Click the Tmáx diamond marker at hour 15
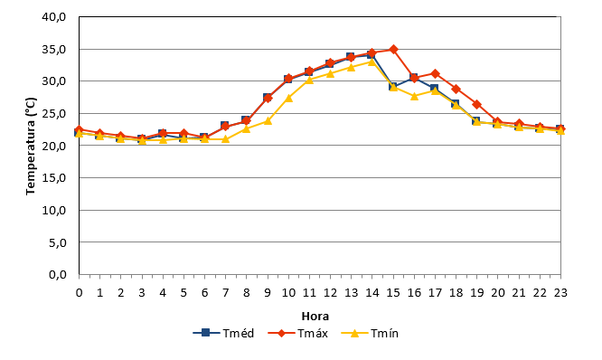(x=393, y=50)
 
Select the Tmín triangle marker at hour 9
(x=268, y=121)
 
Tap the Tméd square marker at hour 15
(x=393, y=87)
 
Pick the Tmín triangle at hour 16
(x=414, y=96)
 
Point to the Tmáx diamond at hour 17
(x=435, y=73)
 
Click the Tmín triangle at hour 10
(x=288, y=98)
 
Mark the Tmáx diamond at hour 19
(x=477, y=105)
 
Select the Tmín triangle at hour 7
(x=226, y=138)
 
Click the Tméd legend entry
(x=223, y=333)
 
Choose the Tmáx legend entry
(x=298, y=333)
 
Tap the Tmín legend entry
(x=370, y=333)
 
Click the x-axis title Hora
(x=315, y=317)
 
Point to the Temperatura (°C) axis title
(x=31, y=146)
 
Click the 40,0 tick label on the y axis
(x=54, y=17)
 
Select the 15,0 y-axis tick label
(x=54, y=178)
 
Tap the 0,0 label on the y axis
(x=58, y=275)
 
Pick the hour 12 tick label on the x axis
(x=330, y=293)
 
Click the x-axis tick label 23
(x=560, y=293)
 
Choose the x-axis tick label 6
(x=204, y=293)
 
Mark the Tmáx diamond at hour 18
(x=456, y=90)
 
